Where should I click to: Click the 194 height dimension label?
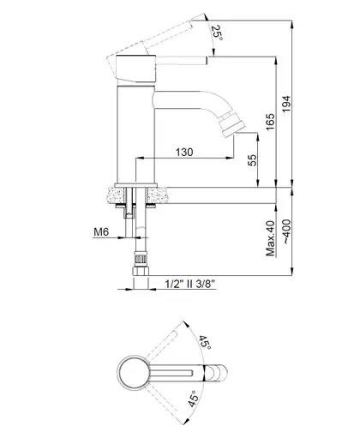pos(286,104)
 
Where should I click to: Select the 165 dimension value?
pos(270,122)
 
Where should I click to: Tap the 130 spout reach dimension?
pos(184,152)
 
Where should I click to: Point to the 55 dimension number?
pos(252,160)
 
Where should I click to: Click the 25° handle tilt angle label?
pos(218,33)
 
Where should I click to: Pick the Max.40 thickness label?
pos(271,238)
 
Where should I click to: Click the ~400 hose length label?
pos(287,231)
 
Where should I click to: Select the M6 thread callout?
pos(101,231)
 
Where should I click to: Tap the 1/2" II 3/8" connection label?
pos(190,284)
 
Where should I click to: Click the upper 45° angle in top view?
pos(205,342)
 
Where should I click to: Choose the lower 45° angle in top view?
pos(193,399)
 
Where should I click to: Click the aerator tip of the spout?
pos(233,125)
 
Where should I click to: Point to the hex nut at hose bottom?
pos(141,271)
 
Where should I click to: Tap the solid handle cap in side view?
pos(136,69)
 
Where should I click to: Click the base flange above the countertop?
pos(135,185)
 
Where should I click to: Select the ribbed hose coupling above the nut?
pos(141,259)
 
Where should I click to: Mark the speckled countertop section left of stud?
pos(116,195)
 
